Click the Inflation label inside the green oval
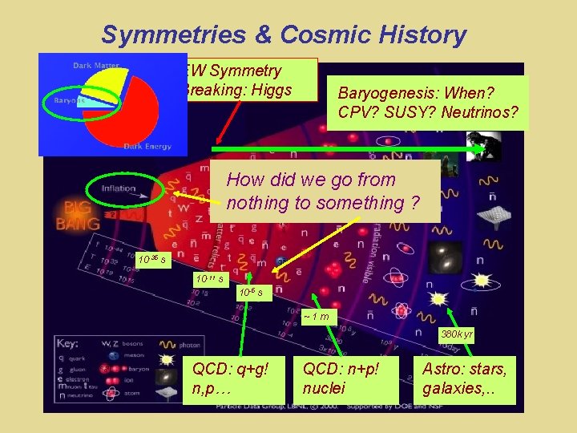tap(119, 188)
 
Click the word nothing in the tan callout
tap(258, 203)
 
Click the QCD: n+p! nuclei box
tap(345, 378)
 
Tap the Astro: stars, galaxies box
tap(466, 378)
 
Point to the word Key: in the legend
tap(68, 343)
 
